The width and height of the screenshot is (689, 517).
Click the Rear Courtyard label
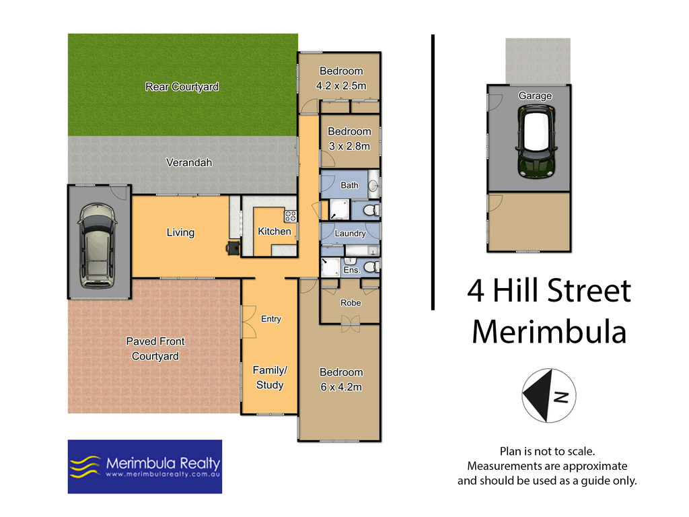pos(182,87)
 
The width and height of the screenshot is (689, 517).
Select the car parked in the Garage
pos(535,143)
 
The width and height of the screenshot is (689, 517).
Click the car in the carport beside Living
pos(96,246)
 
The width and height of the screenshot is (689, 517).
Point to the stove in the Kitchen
pos(291,216)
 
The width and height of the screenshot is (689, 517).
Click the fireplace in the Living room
pos(233,248)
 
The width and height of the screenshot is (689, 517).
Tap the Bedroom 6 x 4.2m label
pos(340,380)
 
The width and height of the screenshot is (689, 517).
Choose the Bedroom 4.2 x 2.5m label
pos(340,78)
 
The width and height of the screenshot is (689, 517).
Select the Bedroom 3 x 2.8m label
pos(349,139)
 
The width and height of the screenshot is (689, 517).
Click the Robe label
pos(350,303)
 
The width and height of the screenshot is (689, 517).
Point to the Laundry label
pos(350,234)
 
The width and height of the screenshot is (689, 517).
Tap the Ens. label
pos(351,269)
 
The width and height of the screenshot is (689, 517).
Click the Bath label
pos(349,185)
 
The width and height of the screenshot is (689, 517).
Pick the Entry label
pos(270,319)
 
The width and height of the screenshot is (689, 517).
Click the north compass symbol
pos(548,396)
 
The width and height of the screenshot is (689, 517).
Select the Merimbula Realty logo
pos(145,467)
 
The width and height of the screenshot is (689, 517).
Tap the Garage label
pos(535,96)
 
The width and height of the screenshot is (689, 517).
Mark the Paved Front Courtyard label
pos(155,349)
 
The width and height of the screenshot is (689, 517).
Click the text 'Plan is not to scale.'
pos(546,451)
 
